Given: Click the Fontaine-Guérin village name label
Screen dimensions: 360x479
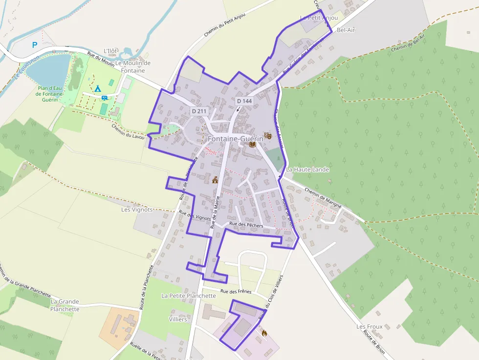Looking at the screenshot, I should (x=235, y=139).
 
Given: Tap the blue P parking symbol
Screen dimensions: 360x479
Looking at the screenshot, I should (x=35, y=45).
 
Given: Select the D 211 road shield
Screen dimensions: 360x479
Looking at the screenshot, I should (x=199, y=111).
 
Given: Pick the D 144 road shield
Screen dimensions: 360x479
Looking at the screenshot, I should (x=244, y=101).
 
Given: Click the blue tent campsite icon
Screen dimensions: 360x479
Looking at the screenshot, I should (x=97, y=88).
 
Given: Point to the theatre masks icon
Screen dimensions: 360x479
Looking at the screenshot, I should (x=267, y=135).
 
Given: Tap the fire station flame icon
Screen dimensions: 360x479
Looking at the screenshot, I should (x=264, y=333).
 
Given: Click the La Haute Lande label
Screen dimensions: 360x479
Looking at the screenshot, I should (x=308, y=169).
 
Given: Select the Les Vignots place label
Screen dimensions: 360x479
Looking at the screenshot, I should (x=137, y=210).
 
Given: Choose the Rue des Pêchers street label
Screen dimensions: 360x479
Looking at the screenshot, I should (x=246, y=225).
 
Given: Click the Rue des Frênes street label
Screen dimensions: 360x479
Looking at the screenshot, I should (x=236, y=291).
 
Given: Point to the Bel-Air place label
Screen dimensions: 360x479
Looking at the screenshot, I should (x=346, y=30).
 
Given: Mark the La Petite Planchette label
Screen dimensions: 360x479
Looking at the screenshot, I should (x=189, y=296).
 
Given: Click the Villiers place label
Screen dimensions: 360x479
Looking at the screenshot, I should (x=178, y=319).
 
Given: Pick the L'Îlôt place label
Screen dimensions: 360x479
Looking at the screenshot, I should (x=111, y=51).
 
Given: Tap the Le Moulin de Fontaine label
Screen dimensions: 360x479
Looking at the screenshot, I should (x=133, y=67).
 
